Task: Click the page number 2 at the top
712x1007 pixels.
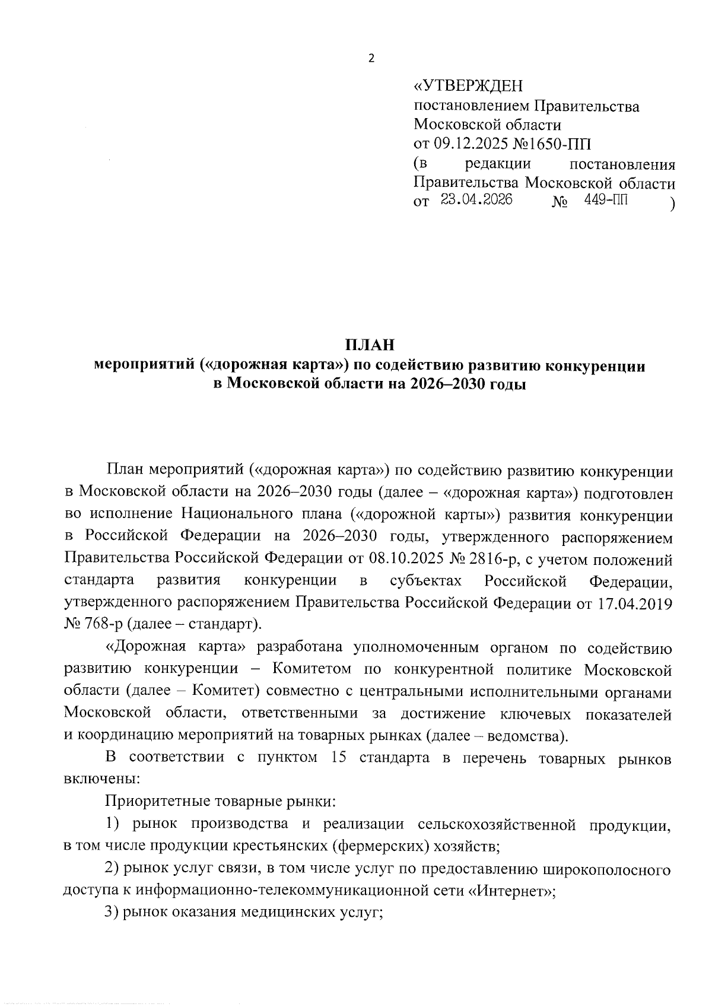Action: click(x=371, y=58)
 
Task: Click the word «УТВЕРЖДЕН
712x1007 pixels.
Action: click(x=469, y=87)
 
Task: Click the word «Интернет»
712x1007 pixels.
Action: click(x=513, y=891)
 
